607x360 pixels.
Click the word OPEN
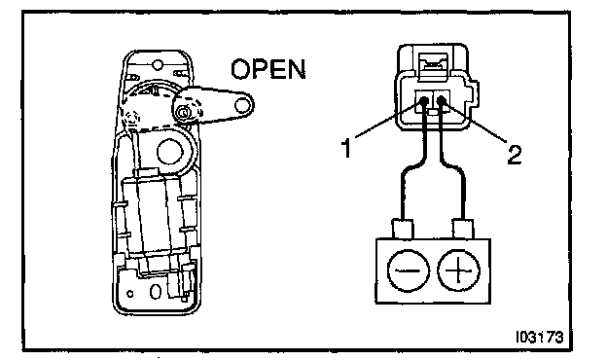tap(268, 69)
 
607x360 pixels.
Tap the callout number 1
tap(347, 148)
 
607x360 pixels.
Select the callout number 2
tap(515, 155)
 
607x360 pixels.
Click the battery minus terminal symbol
tap(408, 270)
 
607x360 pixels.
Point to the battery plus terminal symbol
tap(459, 270)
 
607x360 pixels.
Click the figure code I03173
tap(539, 338)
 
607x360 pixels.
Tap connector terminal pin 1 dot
tap(424, 101)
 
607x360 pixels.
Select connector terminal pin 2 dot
tap(442, 101)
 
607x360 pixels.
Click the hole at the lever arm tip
tap(242, 105)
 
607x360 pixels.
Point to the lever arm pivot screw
tap(183, 112)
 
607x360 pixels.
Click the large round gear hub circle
tap(169, 152)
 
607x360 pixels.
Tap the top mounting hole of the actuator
tap(158, 64)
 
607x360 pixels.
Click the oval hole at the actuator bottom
tap(155, 292)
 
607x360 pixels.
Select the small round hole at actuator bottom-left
tap(130, 294)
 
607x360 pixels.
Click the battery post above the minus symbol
tap(403, 229)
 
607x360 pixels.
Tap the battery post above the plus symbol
tap(463, 229)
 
